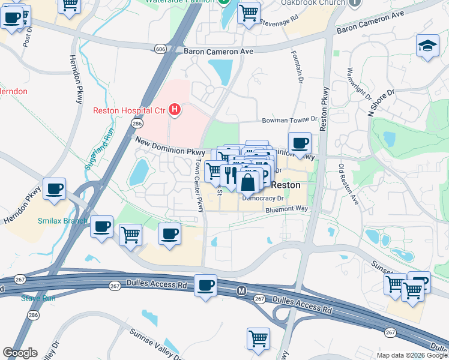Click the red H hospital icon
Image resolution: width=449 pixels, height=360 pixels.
pyautogui.click(x=175, y=110)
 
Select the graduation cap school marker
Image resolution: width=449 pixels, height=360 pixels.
pyautogui.click(x=426, y=46)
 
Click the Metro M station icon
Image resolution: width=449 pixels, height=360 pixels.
pyautogui.click(x=241, y=291)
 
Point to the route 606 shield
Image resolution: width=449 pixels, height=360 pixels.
pyautogui.click(x=160, y=49)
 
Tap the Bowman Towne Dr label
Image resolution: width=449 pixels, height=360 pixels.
pyautogui.click(x=289, y=120)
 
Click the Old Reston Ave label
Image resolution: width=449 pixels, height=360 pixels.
pyautogui.click(x=348, y=184)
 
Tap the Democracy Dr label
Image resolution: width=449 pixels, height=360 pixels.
pyautogui.click(x=262, y=197)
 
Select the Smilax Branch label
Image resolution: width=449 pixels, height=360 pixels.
pyautogui.click(x=64, y=220)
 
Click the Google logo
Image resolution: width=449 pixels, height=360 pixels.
pyautogui.click(x=20, y=353)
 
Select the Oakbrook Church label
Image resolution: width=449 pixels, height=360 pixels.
pyautogui.click(x=314, y=2)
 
